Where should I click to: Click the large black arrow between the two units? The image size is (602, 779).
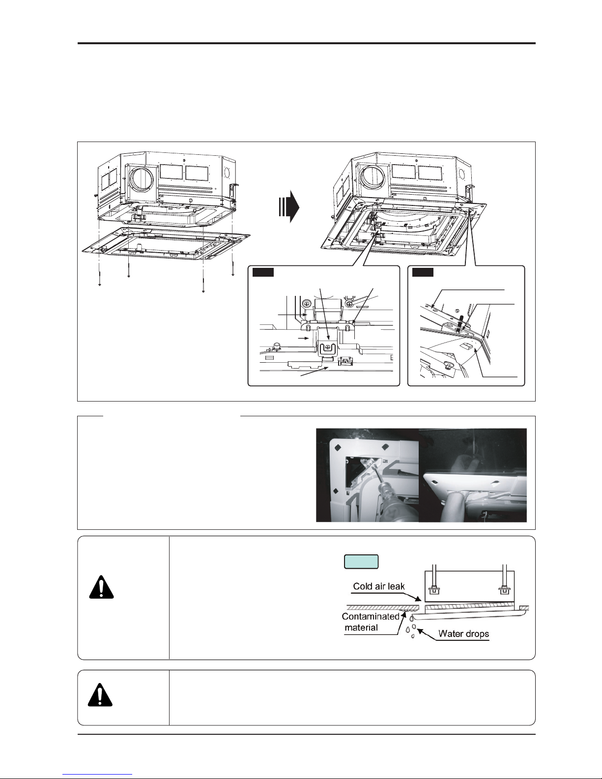[289, 206]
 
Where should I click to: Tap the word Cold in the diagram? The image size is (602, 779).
[362, 586]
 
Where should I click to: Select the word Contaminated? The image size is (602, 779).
[371, 616]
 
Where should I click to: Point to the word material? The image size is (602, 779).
[361, 627]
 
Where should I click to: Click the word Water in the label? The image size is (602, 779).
[450, 634]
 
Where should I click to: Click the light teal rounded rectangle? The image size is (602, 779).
[361, 562]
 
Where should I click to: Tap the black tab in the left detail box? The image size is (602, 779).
[263, 272]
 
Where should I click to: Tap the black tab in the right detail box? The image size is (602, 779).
[423, 272]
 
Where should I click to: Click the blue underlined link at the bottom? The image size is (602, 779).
[97, 775]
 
